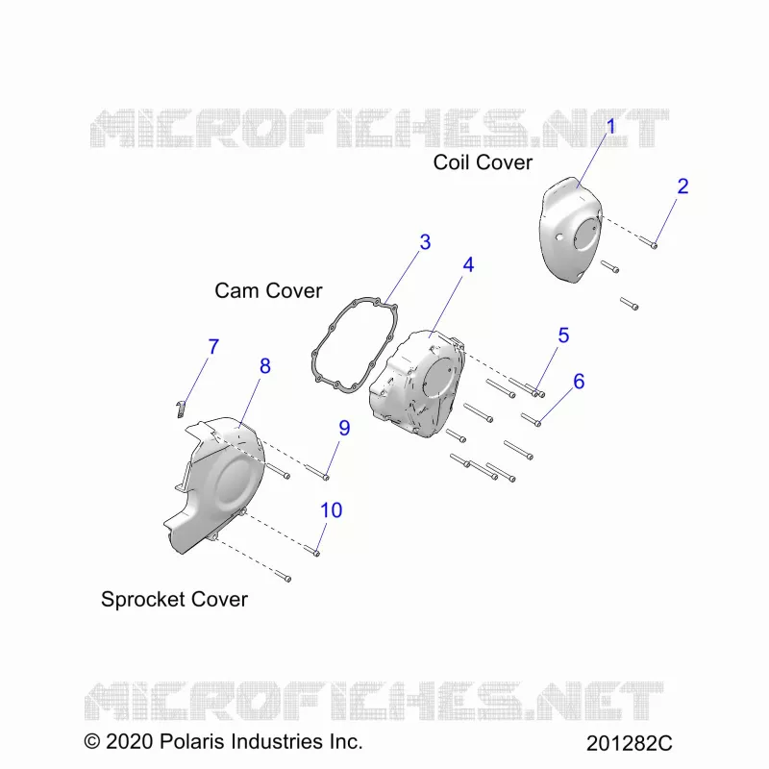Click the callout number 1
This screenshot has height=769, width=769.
tap(610, 126)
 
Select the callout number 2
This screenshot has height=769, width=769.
tap(682, 186)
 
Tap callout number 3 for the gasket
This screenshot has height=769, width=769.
tap(425, 242)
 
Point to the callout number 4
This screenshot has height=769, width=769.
tap(468, 265)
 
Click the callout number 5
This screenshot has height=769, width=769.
tap(563, 335)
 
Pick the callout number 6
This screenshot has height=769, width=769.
tap(579, 382)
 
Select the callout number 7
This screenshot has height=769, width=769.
tap(213, 347)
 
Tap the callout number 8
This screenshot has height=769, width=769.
tap(265, 366)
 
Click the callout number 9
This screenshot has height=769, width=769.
tap(344, 428)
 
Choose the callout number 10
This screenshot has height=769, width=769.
tap(331, 510)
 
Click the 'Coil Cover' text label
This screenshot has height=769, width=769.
tap(483, 162)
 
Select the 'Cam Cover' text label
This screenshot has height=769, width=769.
tap(268, 291)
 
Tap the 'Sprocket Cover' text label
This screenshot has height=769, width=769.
tap(174, 599)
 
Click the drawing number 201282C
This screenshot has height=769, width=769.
tap(630, 743)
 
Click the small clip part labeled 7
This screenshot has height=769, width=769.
tap(181, 409)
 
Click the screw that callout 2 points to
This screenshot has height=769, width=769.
tap(648, 241)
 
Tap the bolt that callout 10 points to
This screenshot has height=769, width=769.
tap(311, 551)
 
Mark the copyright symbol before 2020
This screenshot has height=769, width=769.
tap(91, 741)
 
